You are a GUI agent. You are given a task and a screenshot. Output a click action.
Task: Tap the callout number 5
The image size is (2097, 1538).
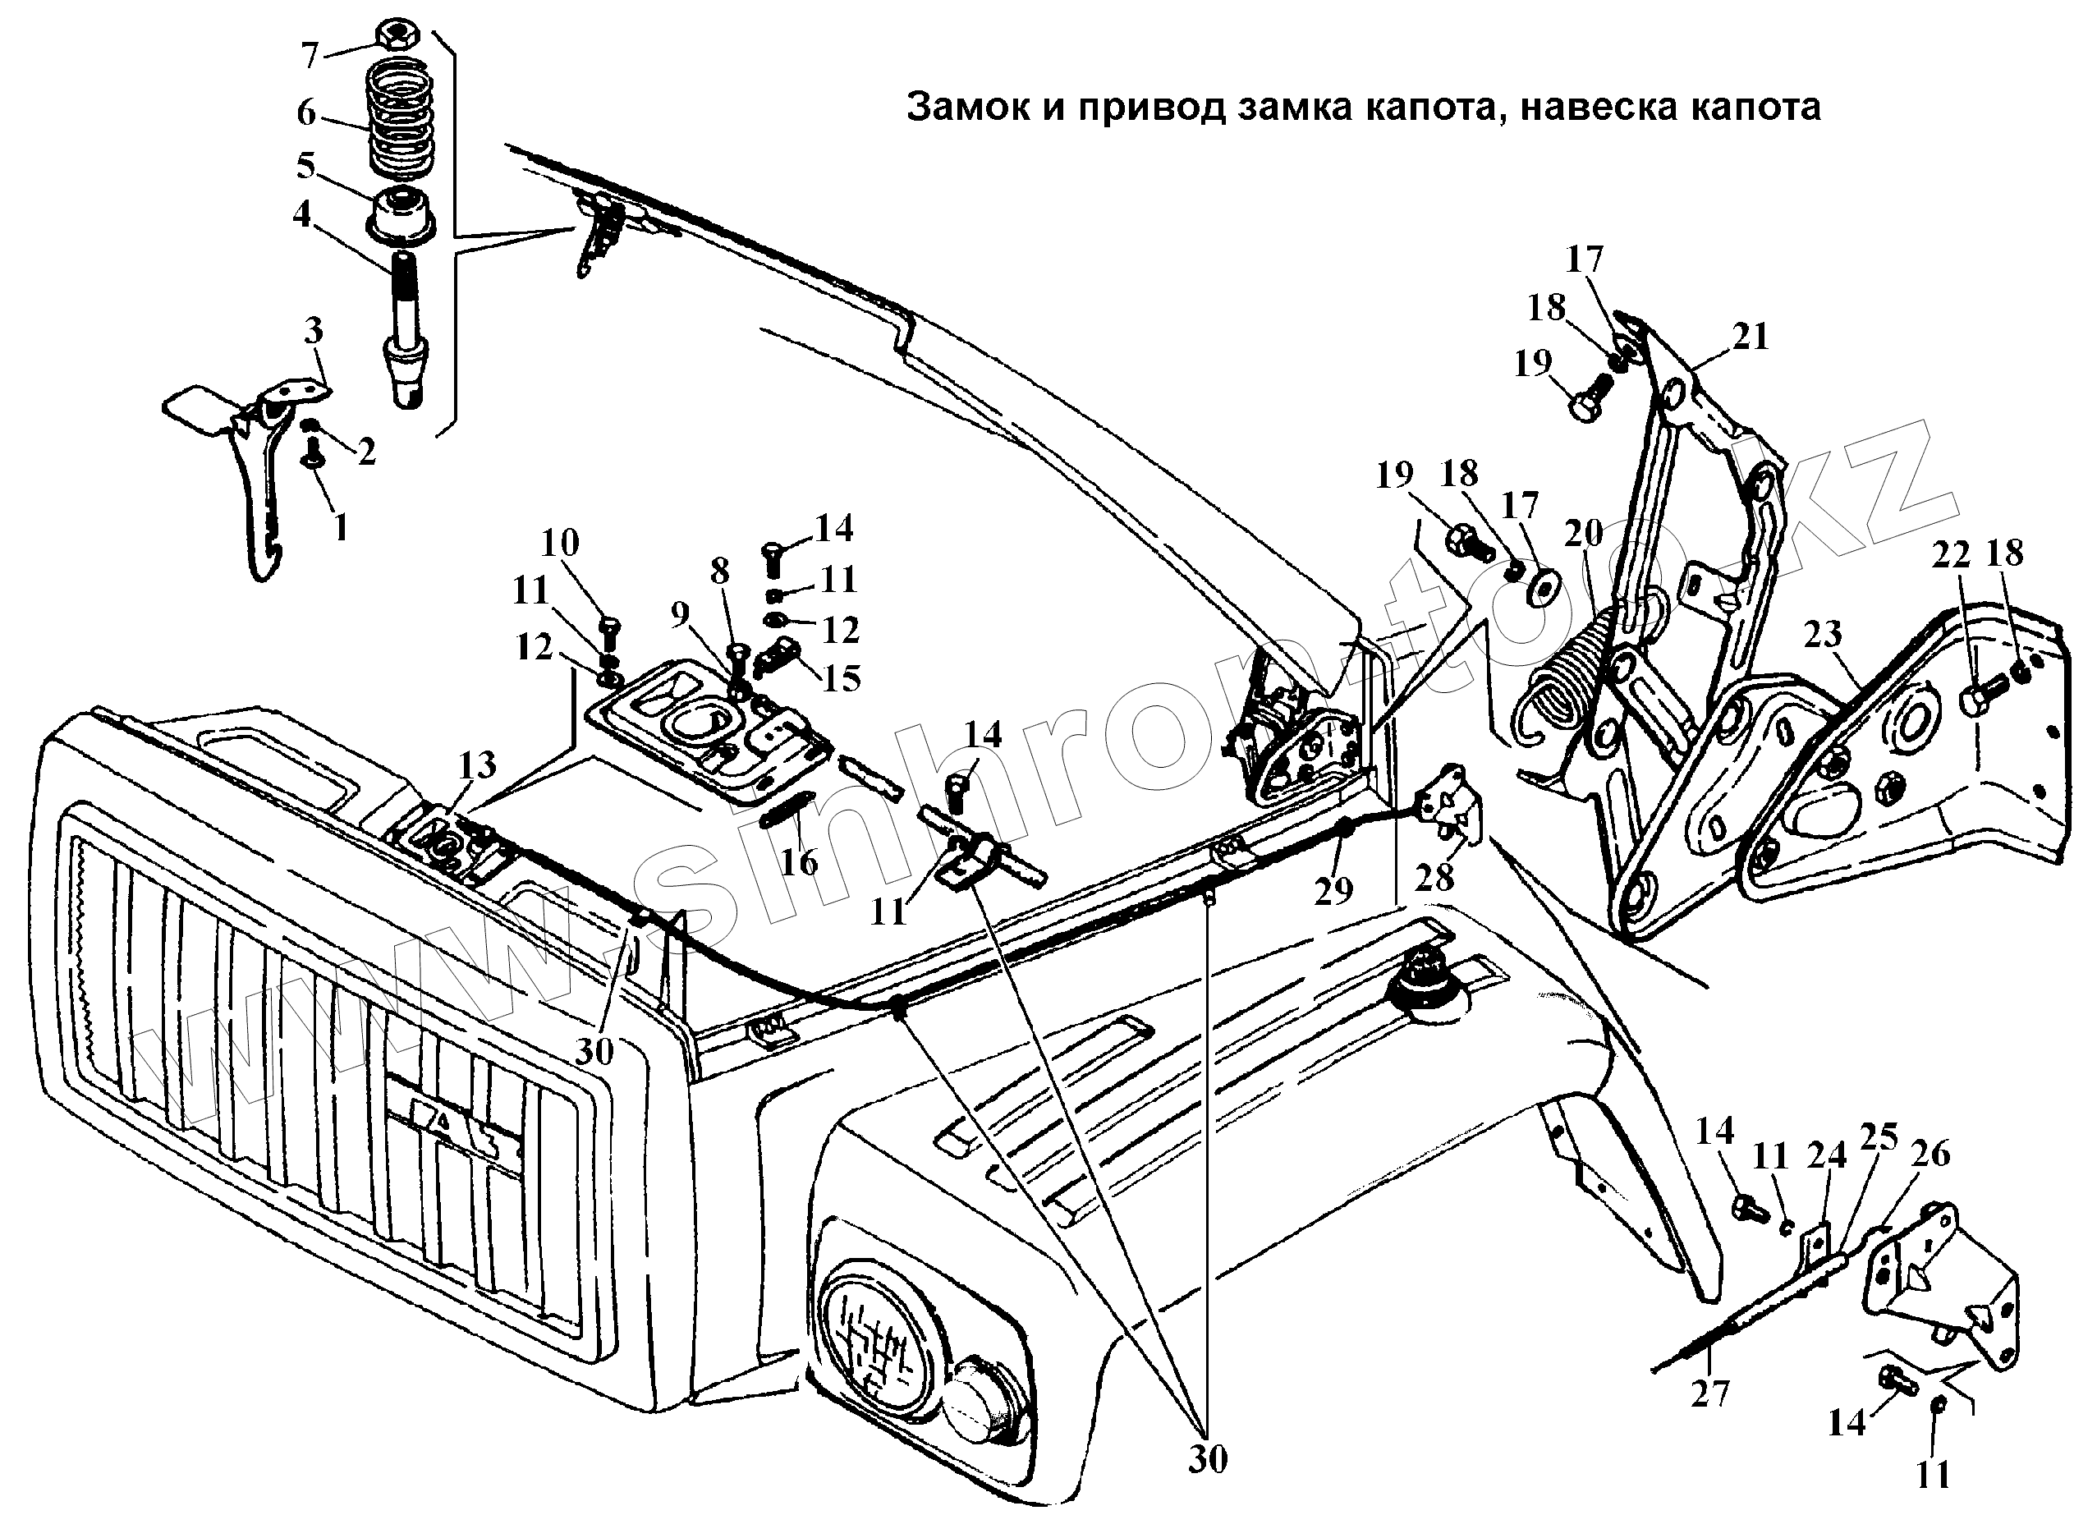305,167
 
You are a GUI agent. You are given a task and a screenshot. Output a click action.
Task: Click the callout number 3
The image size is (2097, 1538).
313,330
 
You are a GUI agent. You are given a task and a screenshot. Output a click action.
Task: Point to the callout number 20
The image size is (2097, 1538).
1583,534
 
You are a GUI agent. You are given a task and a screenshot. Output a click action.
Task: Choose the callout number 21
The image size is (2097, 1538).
1750,336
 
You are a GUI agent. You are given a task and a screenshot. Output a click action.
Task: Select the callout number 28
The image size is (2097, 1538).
1434,878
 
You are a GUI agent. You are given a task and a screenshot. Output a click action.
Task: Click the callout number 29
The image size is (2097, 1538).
1333,891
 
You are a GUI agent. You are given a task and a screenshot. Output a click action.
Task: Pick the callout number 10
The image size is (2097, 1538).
559,542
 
